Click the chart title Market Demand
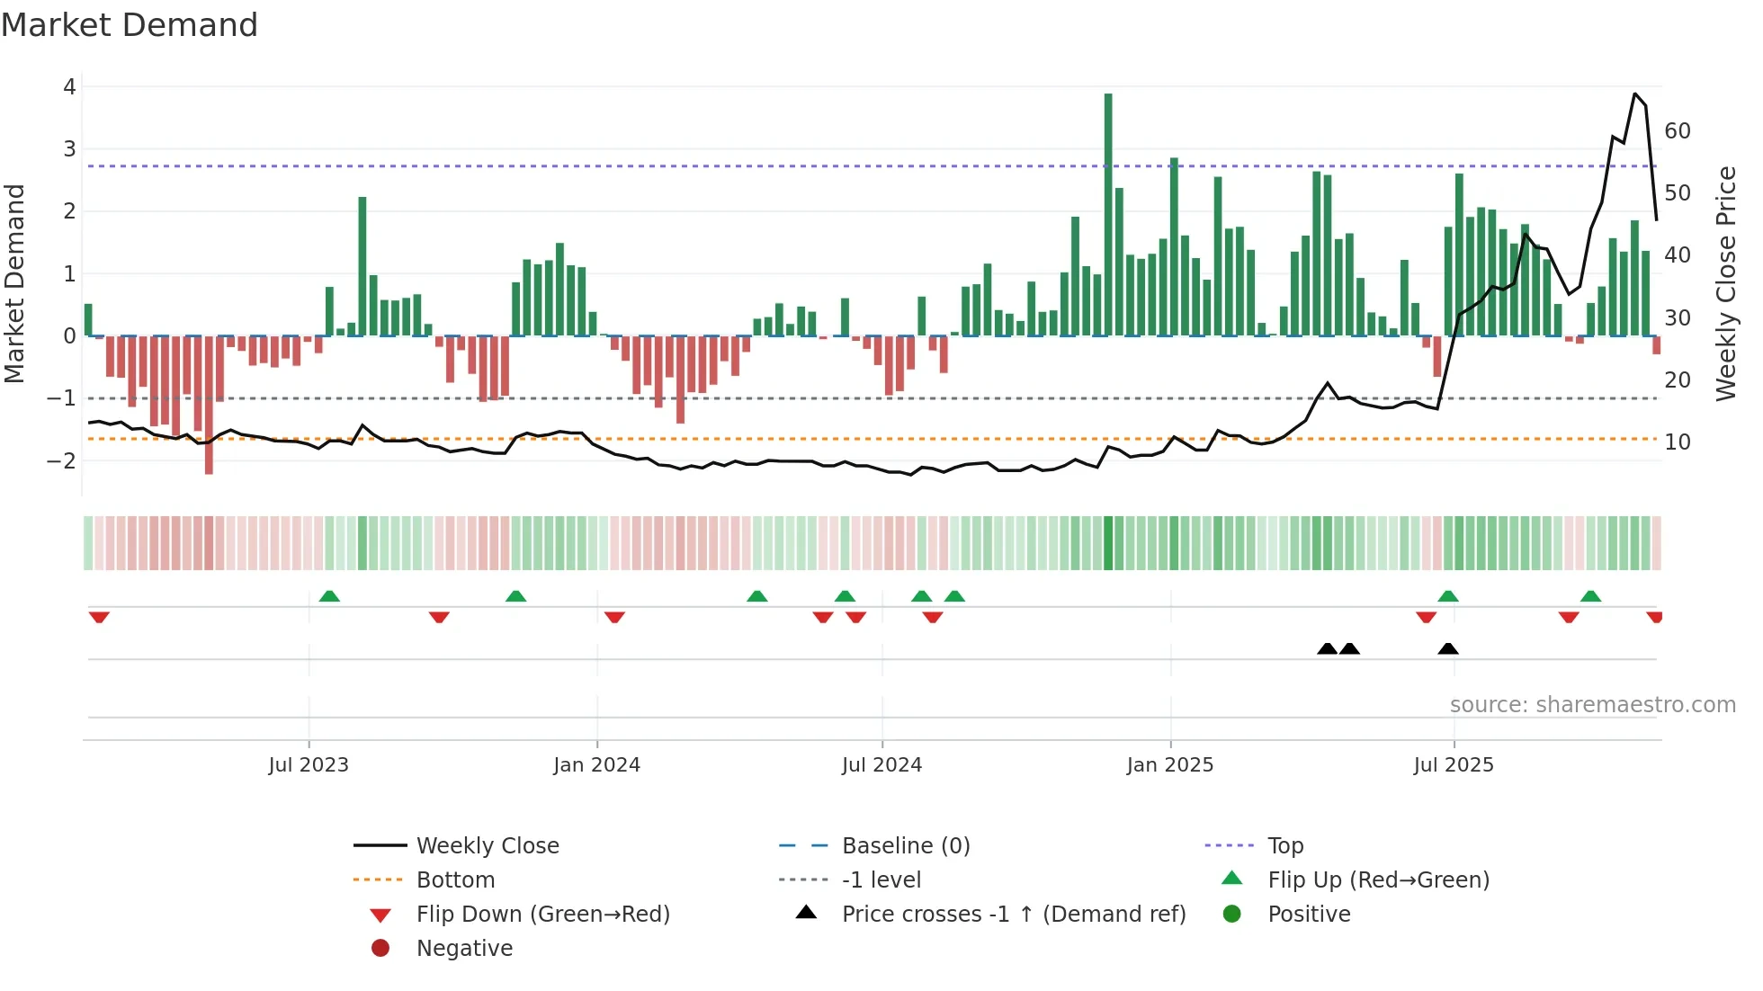pyautogui.click(x=130, y=25)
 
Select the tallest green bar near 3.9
pyautogui.click(x=1108, y=216)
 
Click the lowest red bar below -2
pyautogui.click(x=209, y=405)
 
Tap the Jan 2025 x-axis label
pyautogui.click(x=1169, y=765)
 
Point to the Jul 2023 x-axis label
pyautogui.click(x=309, y=765)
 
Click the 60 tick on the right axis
pyautogui.click(x=1678, y=131)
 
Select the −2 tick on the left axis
pyautogui.click(x=62, y=460)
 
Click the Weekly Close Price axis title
pyautogui.click(x=1725, y=283)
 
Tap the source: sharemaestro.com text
pyautogui.click(x=1592, y=705)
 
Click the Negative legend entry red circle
pyautogui.click(x=380, y=949)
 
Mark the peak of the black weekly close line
pyautogui.click(x=1635, y=94)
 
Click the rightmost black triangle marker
pyautogui.click(x=1448, y=649)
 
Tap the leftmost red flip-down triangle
pyautogui.click(x=99, y=617)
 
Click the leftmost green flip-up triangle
pyautogui.click(x=329, y=596)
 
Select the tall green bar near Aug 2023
pyautogui.click(x=362, y=266)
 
